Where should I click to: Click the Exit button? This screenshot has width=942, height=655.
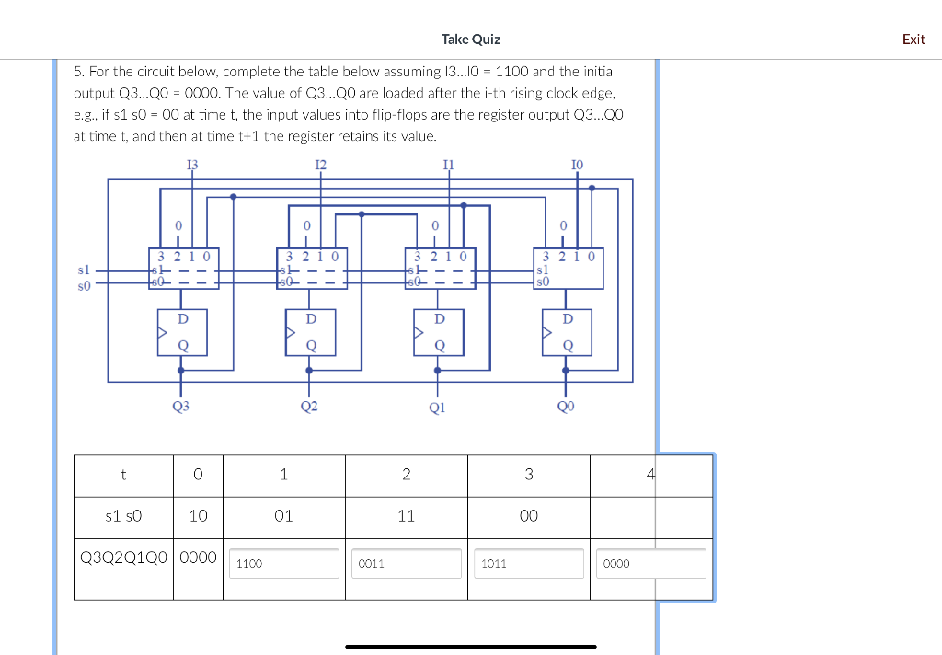(913, 39)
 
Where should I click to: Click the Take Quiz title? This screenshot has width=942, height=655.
(470, 39)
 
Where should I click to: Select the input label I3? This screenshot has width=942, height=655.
(191, 165)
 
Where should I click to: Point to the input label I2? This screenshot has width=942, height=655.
(320, 165)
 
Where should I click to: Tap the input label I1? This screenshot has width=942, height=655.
(448, 165)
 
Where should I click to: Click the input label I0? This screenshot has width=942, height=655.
(577, 165)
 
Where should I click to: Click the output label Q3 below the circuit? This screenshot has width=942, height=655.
(180, 405)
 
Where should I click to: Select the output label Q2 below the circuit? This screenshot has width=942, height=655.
(309, 405)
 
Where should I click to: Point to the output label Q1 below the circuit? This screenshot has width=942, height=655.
(438, 405)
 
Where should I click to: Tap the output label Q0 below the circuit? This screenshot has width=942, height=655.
(566, 405)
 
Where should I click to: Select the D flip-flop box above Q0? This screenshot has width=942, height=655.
(567, 332)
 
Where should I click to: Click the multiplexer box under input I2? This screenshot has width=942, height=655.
(312, 268)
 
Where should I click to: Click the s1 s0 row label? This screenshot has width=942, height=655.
(124, 516)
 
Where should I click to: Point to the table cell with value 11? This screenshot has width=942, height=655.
(406, 516)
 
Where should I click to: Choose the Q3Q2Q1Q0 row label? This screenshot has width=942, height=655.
(124, 557)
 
